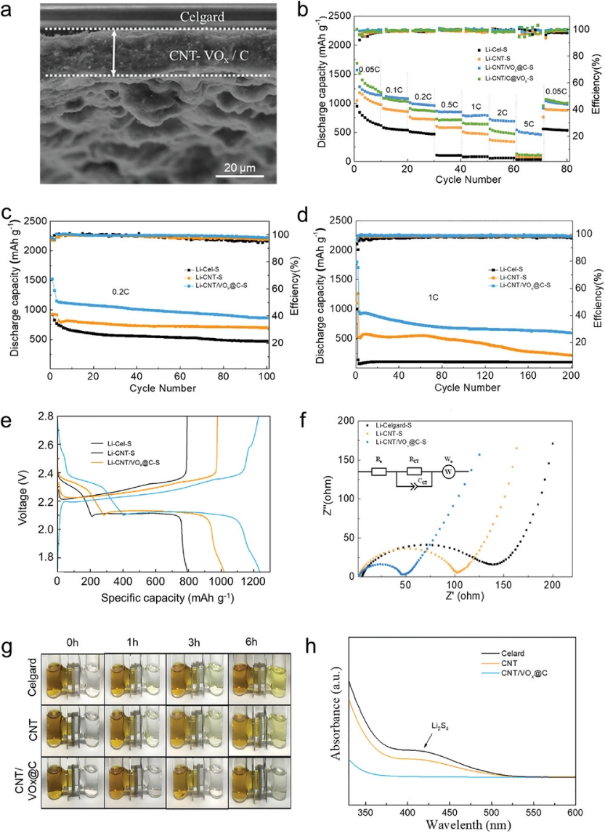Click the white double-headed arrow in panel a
(113, 52)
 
